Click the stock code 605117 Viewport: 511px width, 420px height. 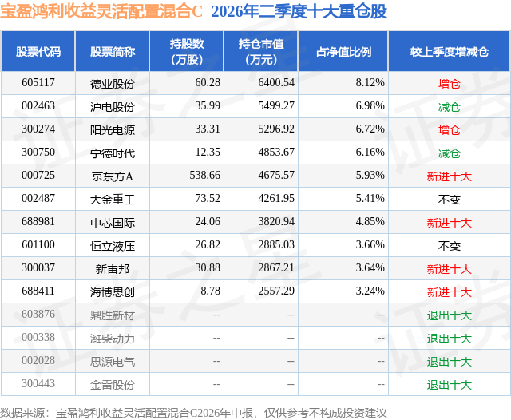(38, 83)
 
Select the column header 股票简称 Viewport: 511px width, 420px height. (113, 52)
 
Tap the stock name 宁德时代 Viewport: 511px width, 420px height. (113, 153)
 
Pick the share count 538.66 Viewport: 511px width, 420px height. (204, 176)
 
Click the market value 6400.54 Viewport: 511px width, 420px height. (276, 83)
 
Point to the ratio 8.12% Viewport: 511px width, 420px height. (370, 83)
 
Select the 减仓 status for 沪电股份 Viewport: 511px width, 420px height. (449, 106)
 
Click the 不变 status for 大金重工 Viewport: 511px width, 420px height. (449, 199)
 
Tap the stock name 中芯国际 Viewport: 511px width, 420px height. (113, 222)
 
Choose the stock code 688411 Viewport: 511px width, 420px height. (38, 291)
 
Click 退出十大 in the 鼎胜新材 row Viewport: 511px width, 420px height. (449, 315)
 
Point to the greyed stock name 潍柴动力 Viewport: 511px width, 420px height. (113, 339)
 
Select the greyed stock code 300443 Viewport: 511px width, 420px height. (38, 383)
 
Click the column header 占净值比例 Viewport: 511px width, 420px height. (343, 52)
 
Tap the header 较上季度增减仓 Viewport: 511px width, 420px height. (449, 52)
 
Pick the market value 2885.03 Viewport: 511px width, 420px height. (276, 244)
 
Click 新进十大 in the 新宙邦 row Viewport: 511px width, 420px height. (449, 268)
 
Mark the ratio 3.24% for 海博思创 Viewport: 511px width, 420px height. (370, 291)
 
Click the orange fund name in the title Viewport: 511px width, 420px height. (101, 11)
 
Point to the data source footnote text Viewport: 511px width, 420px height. (193, 413)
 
